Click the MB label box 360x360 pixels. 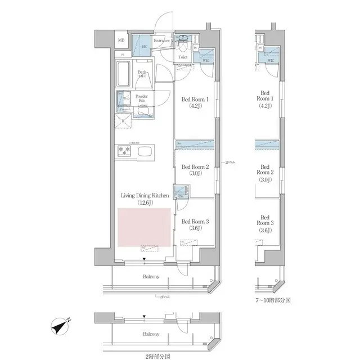(121, 40)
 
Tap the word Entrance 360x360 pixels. (162, 40)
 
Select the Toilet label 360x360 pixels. (183, 57)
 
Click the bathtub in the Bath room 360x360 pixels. (124, 73)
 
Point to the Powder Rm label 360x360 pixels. (142, 97)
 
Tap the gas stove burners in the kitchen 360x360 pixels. (124, 151)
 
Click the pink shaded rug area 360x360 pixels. (144, 227)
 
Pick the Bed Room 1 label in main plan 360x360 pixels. (195, 100)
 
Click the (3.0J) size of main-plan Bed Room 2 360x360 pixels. (195, 174)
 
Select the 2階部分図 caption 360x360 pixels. (155, 355)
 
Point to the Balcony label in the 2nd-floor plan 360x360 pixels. (150, 334)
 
